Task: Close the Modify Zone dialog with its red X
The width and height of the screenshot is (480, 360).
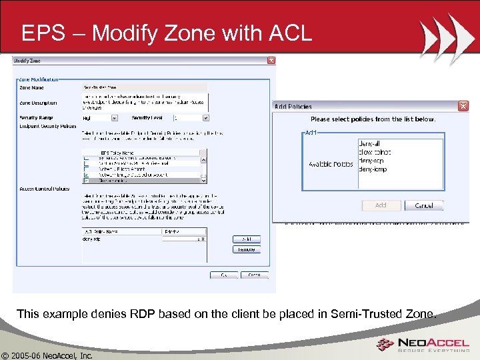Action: (271, 61)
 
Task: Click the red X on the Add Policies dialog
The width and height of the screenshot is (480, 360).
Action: (463, 106)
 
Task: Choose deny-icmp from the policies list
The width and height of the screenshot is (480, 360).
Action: (373, 169)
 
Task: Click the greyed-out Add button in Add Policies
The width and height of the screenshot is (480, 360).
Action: (381, 205)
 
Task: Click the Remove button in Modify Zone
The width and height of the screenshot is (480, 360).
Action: (246, 249)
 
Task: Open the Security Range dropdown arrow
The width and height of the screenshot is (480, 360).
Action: (115, 118)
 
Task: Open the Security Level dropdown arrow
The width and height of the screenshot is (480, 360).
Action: (205, 118)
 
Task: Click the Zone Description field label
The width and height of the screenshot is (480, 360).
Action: (38, 103)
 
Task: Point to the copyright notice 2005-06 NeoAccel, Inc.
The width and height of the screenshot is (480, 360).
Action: (47, 353)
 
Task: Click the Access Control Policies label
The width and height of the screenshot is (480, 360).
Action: (45, 189)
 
